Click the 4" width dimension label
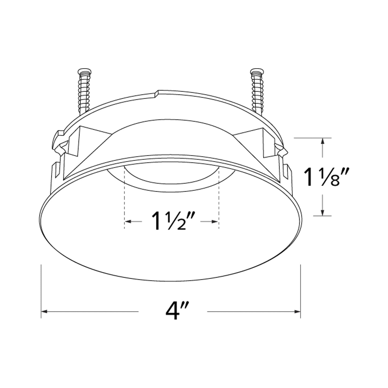[173, 311]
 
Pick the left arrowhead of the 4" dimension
[44, 311]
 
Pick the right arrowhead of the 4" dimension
[298, 311]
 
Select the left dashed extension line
[125, 199]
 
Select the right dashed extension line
[219, 199]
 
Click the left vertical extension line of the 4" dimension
[41, 293]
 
